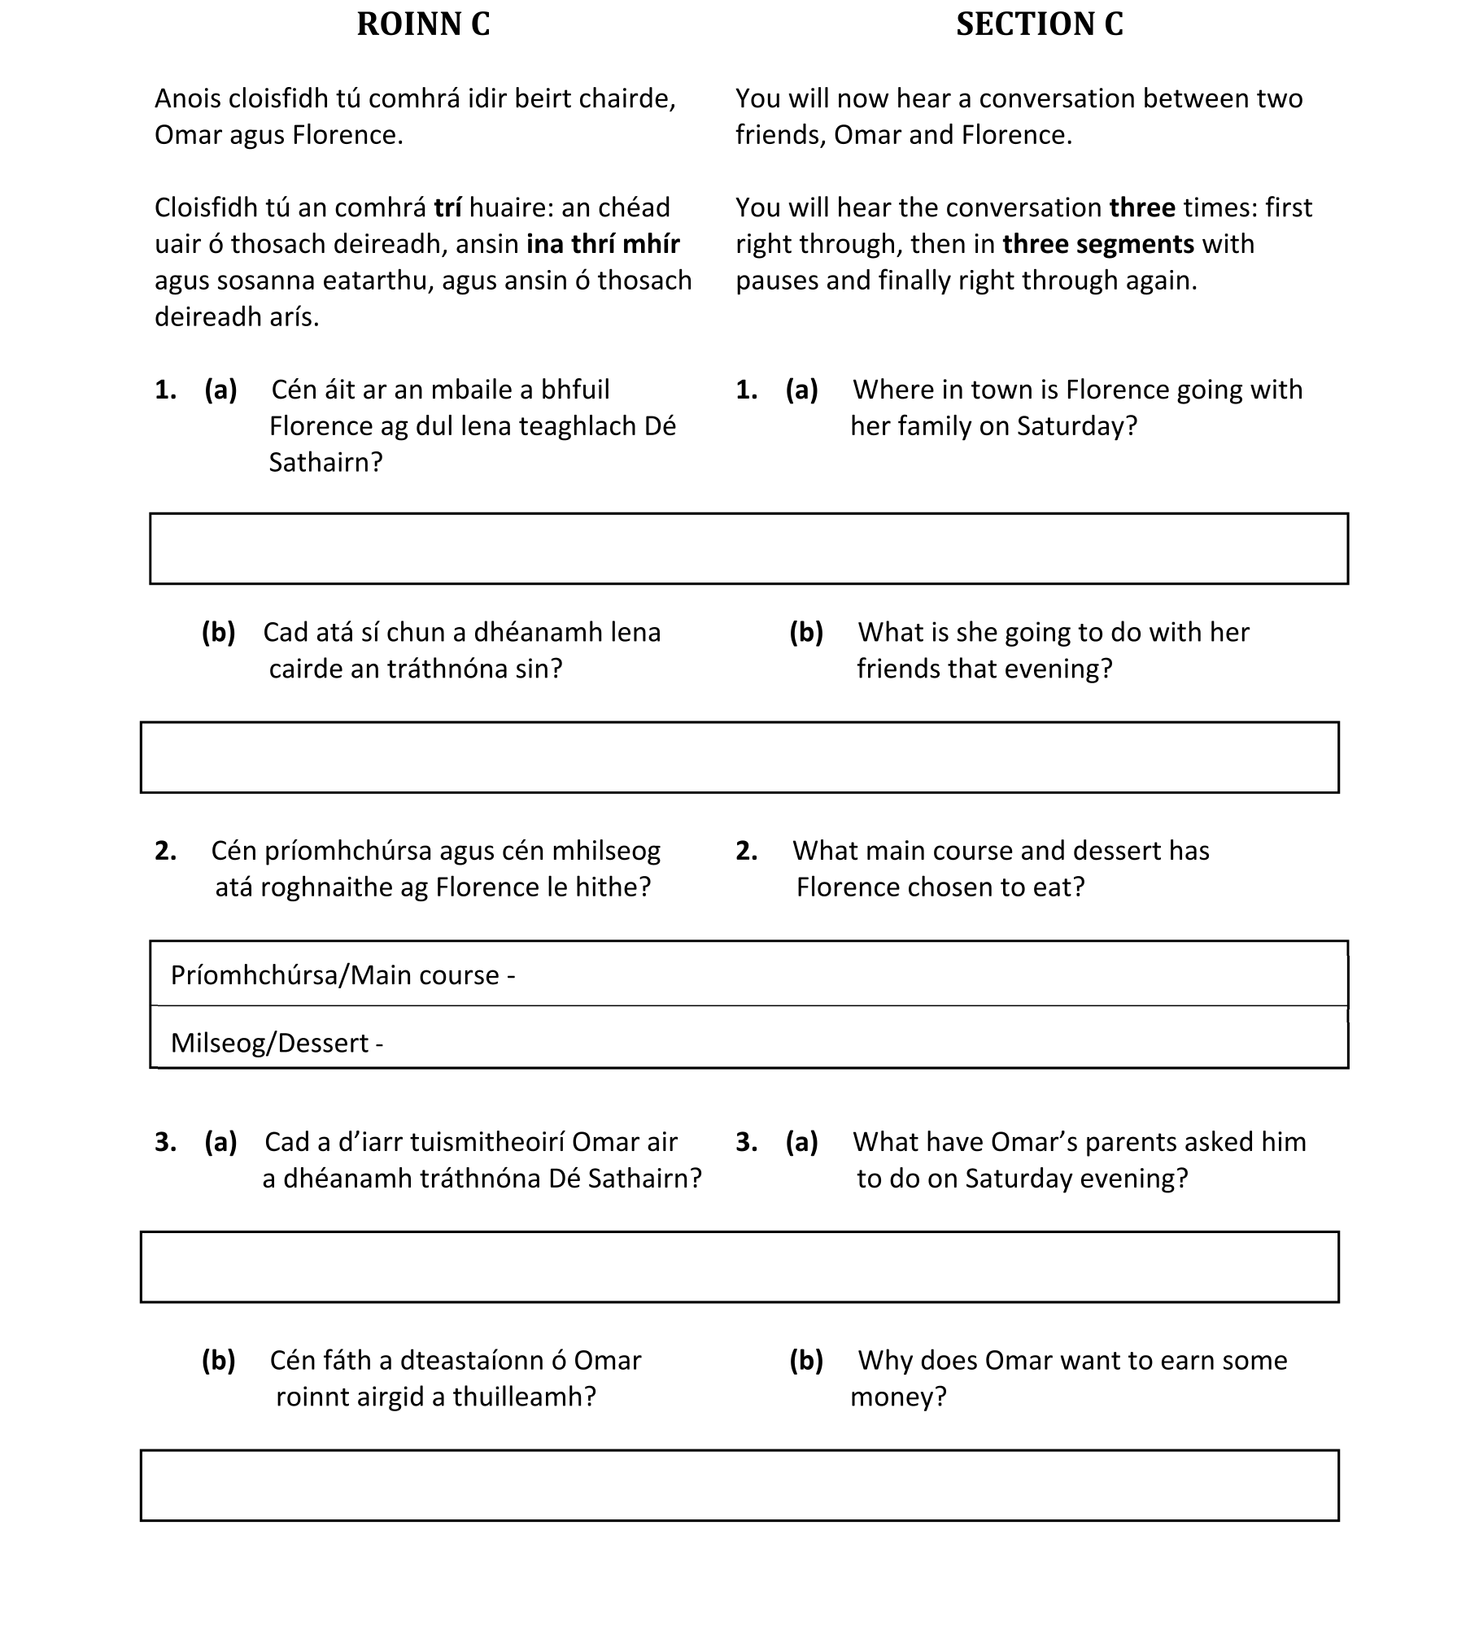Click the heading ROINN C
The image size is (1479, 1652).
tap(423, 24)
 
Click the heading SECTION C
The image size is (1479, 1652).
tap(1039, 24)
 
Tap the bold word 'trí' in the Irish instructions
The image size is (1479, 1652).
tap(447, 208)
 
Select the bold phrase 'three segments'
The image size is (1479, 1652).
tap(1098, 244)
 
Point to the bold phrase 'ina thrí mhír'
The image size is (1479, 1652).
tap(603, 244)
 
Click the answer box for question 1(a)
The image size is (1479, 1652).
tap(748, 548)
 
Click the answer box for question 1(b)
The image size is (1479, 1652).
tap(739, 757)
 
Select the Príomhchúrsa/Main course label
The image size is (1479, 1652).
tap(342, 975)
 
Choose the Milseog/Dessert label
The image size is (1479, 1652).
tap(277, 1043)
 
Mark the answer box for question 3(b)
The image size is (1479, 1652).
tap(739, 1485)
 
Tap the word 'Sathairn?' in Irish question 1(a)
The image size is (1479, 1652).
tap(325, 463)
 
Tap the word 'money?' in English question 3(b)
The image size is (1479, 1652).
tap(898, 1397)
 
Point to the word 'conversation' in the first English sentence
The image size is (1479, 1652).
tap(1077, 99)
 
